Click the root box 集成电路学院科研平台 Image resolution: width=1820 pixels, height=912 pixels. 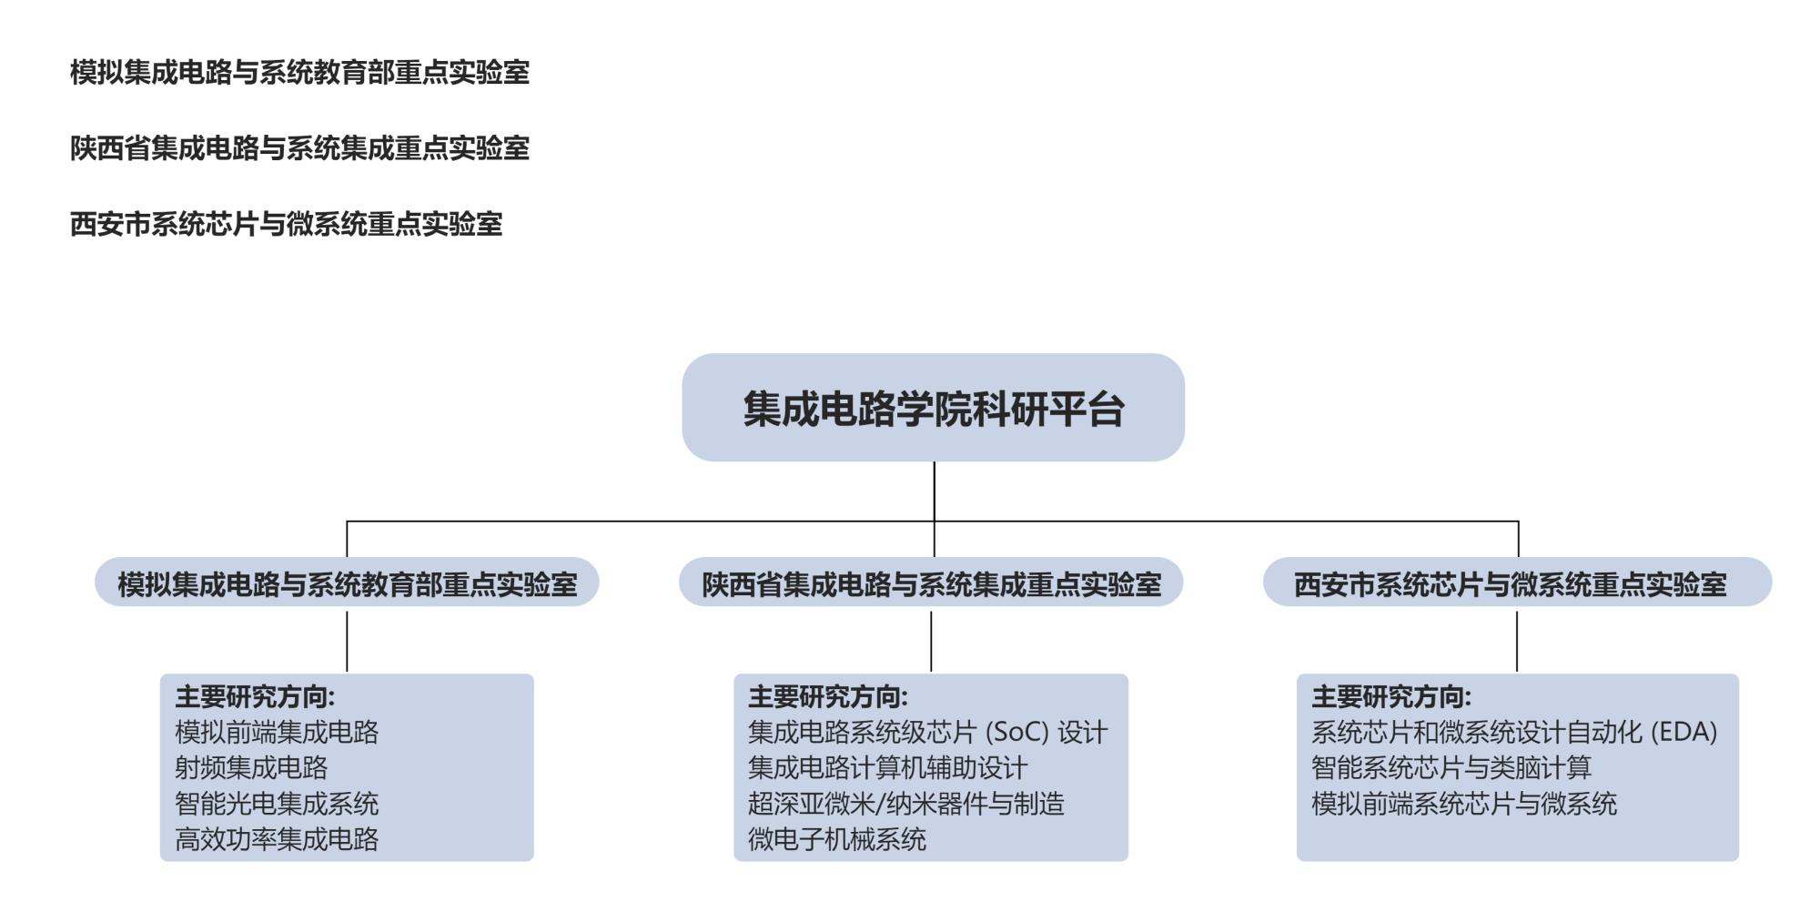click(x=933, y=408)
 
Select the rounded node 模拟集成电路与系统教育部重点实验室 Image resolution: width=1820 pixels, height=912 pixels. click(x=347, y=583)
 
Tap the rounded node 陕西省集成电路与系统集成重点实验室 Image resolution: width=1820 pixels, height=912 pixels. click(x=931, y=583)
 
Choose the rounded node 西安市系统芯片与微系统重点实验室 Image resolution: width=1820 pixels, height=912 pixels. click(x=1517, y=583)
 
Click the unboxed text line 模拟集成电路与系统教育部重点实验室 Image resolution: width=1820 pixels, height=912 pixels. click(x=299, y=72)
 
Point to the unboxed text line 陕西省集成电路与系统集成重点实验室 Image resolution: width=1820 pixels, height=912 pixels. click(x=299, y=147)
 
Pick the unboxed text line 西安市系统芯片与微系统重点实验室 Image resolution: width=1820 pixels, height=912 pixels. click(x=286, y=224)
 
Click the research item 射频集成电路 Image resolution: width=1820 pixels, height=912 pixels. click(x=251, y=768)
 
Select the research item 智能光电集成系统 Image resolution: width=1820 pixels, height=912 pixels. click(x=277, y=804)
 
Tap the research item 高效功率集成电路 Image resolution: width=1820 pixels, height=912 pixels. click(x=277, y=839)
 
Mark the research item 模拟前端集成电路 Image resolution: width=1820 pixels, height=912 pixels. click(x=277, y=733)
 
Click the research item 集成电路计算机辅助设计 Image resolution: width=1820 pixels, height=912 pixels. click(x=887, y=768)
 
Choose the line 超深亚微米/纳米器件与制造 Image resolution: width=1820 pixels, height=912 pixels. click(x=905, y=804)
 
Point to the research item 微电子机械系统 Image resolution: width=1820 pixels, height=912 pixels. click(x=837, y=839)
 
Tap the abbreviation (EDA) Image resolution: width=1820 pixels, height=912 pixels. click(x=1683, y=733)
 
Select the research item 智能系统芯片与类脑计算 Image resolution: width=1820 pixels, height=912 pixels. click(x=1451, y=768)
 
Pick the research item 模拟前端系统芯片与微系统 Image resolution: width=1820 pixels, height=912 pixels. click(x=1464, y=804)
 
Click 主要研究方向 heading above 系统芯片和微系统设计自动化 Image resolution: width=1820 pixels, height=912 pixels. click(x=1391, y=697)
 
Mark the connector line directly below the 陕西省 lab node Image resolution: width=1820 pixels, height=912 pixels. click(x=931, y=641)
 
